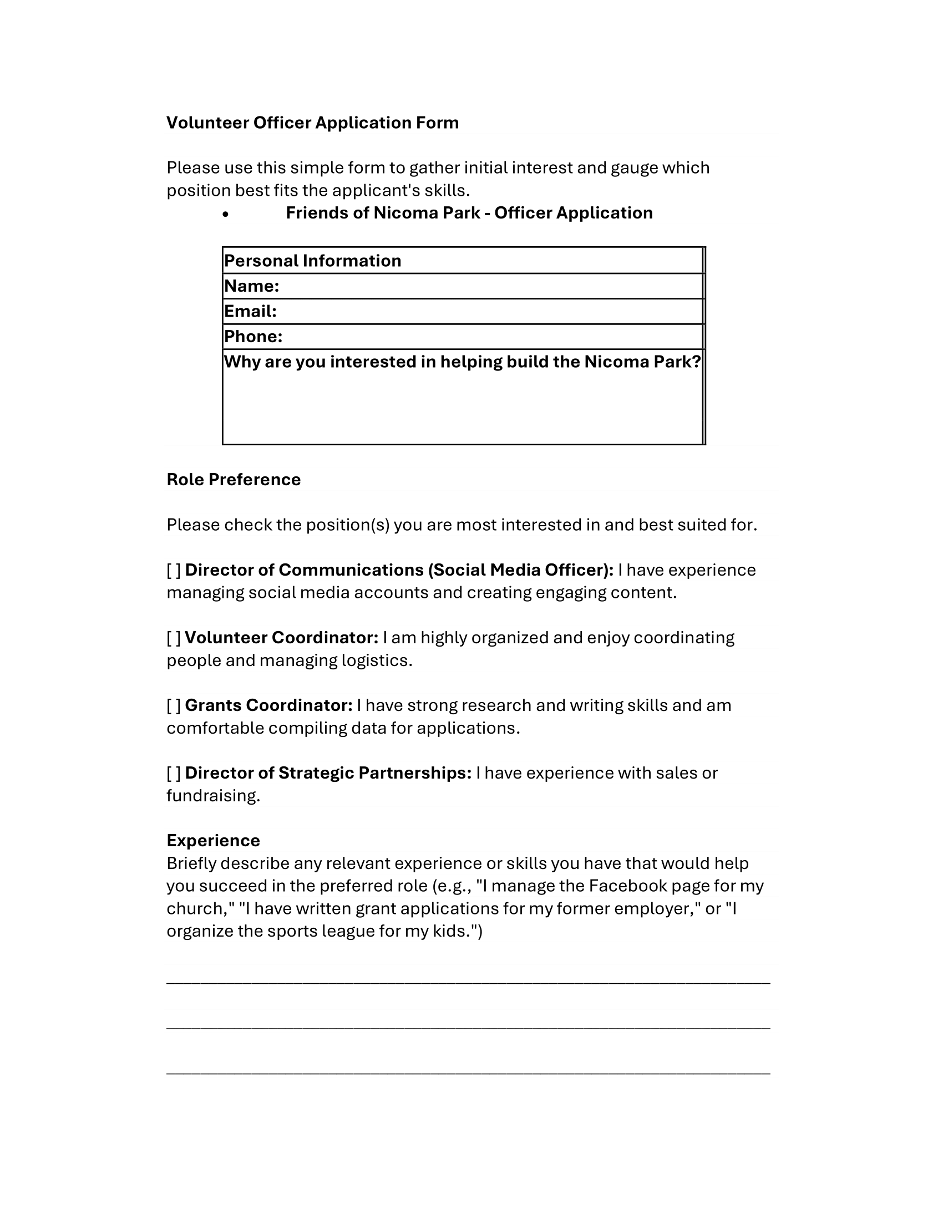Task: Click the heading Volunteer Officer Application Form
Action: point(312,123)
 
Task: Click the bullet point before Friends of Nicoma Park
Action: point(225,214)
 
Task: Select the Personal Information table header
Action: point(312,261)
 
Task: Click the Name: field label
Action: point(251,286)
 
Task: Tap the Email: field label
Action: point(250,311)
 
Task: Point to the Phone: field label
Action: point(253,336)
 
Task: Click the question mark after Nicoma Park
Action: point(696,362)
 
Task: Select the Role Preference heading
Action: point(234,480)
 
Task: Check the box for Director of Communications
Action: point(174,570)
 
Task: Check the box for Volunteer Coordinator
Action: point(174,638)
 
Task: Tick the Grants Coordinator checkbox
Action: point(174,705)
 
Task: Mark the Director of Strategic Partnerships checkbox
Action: point(174,773)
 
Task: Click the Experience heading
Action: point(214,841)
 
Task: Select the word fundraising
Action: point(212,796)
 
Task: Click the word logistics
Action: point(376,661)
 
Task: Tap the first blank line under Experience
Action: point(468,982)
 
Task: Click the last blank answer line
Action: point(468,1072)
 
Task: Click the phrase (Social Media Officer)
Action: point(521,570)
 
